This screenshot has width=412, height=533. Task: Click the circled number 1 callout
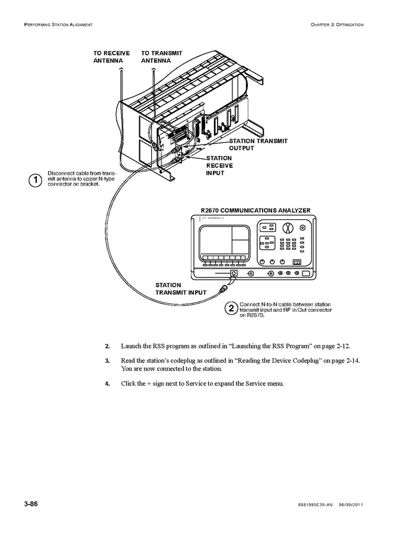[x=37, y=179]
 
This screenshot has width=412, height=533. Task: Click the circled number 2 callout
[x=231, y=308]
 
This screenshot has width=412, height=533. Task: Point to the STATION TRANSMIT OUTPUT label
[x=258, y=144]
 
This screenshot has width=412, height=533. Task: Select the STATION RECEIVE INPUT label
[x=219, y=165]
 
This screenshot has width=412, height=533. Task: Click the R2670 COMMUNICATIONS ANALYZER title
[x=255, y=210]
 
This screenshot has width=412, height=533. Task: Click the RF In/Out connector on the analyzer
[x=234, y=273]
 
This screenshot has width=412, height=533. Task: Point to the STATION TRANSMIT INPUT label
[x=181, y=289]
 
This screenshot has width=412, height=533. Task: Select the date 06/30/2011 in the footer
[x=350, y=505]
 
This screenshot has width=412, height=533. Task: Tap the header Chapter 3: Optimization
[x=336, y=24]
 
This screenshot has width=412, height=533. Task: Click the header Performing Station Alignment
[x=58, y=24]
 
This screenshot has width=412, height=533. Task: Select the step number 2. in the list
[x=107, y=346]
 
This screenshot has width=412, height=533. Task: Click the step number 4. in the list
[x=107, y=383]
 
